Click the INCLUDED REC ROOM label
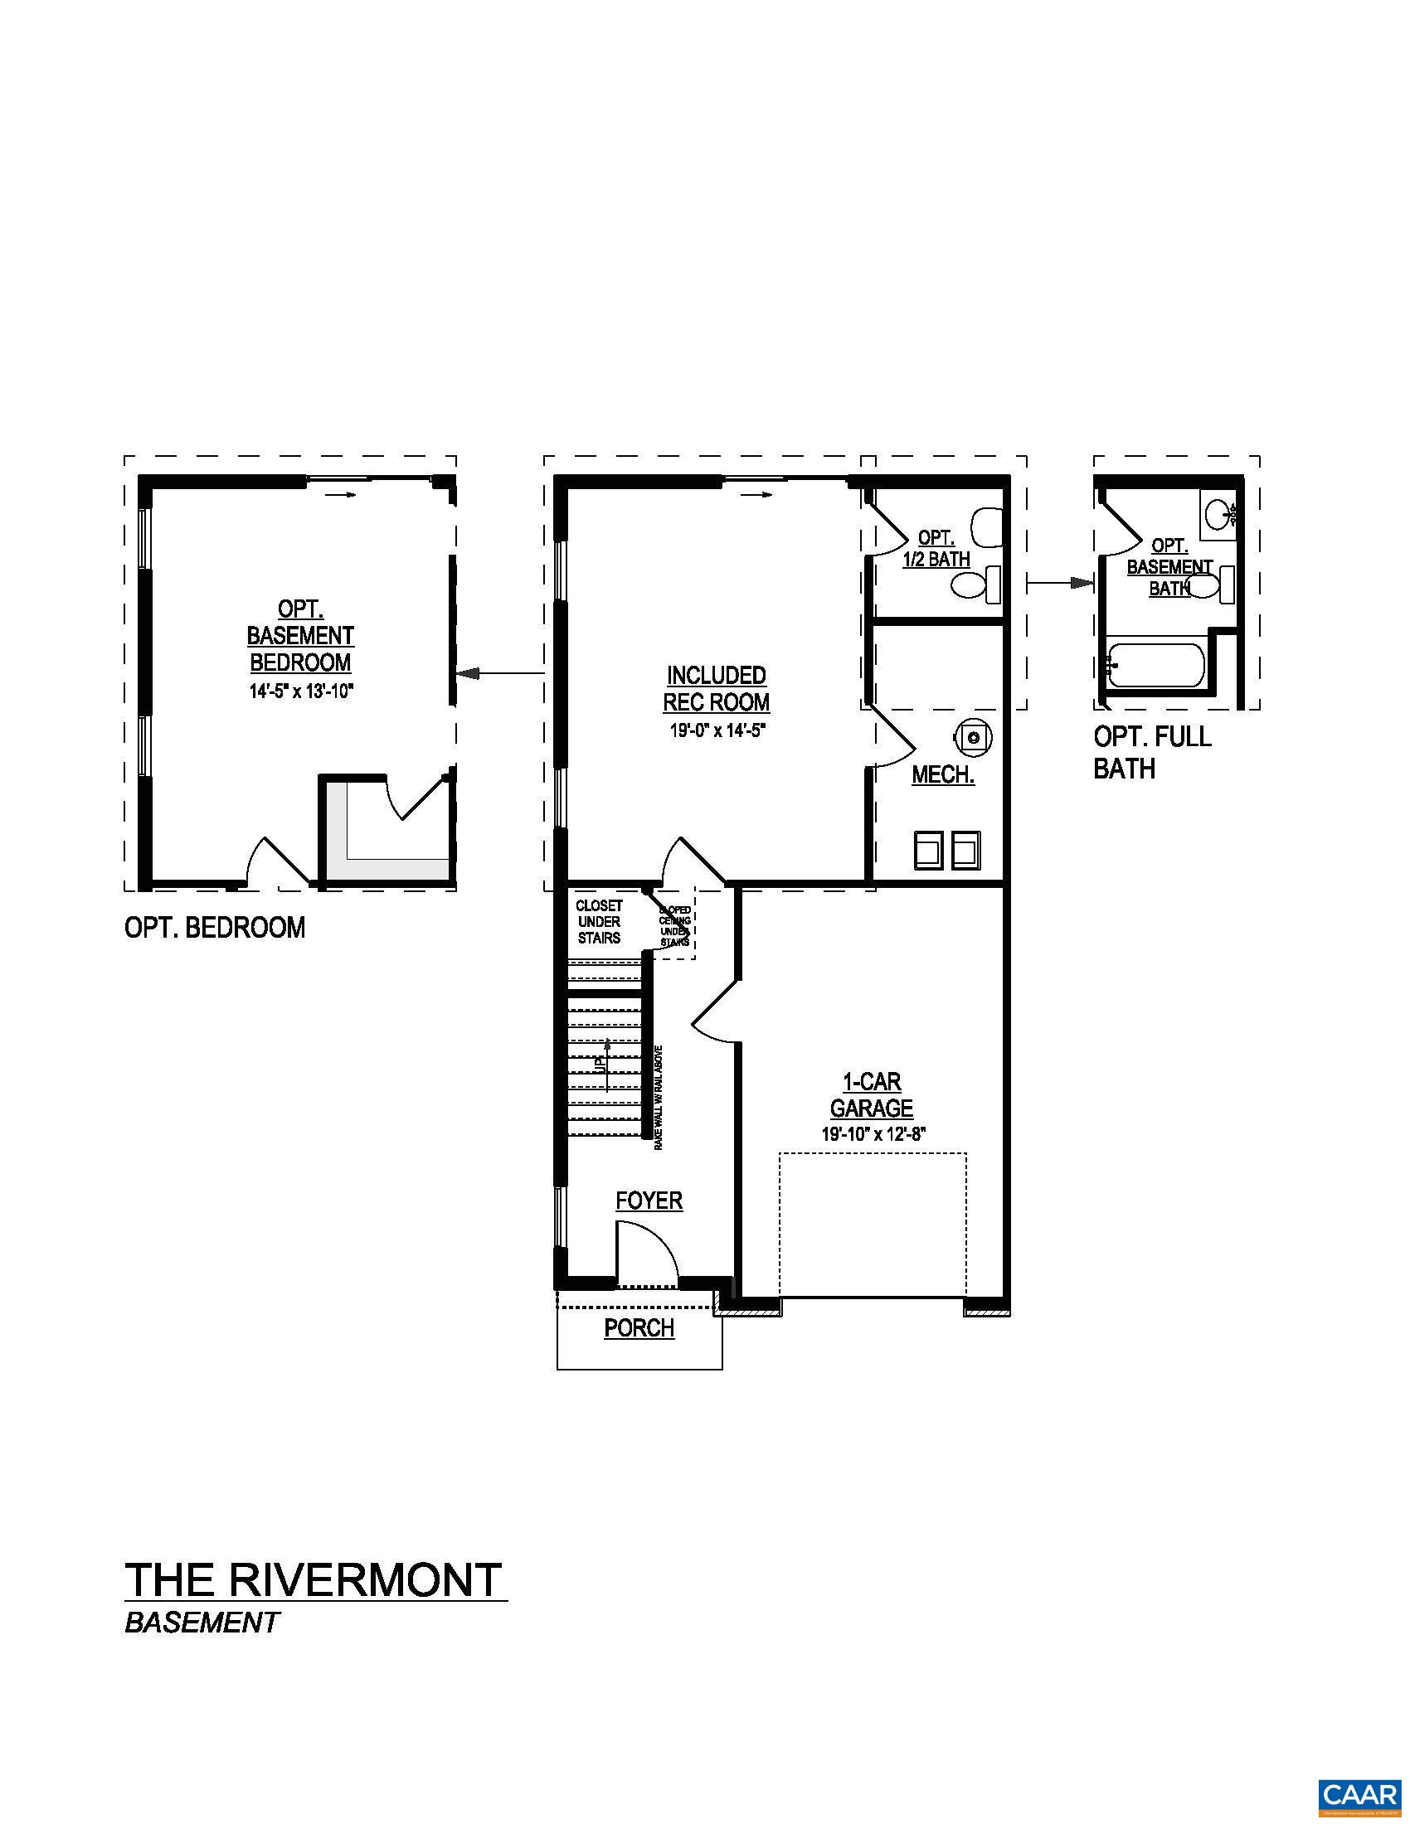tap(716, 688)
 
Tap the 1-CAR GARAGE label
tap(871, 1095)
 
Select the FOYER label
tap(649, 1201)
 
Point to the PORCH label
tap(639, 1328)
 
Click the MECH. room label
tap(943, 774)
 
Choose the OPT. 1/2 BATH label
tap(936, 549)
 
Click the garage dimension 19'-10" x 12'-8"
tap(872, 1134)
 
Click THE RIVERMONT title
tap(314, 1580)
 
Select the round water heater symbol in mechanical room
tap(972, 736)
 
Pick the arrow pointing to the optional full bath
tap(1060, 582)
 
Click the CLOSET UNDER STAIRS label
tap(599, 921)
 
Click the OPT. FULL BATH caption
tap(1153, 752)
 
